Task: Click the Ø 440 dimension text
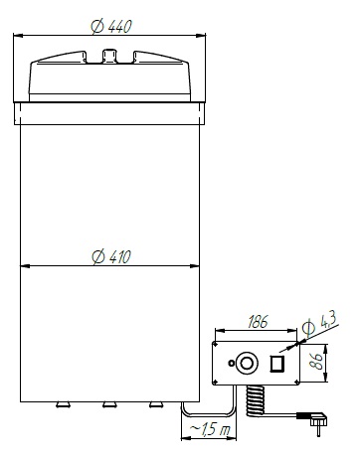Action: point(111,27)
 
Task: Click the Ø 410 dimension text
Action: point(111,257)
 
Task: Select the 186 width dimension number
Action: point(258,322)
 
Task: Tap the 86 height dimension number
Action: point(316,361)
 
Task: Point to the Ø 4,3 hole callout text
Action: point(319,325)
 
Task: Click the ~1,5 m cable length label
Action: point(210,429)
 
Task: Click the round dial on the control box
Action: point(247,363)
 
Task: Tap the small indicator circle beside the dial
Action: point(231,363)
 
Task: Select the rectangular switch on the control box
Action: point(277,364)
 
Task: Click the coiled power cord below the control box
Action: point(255,400)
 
